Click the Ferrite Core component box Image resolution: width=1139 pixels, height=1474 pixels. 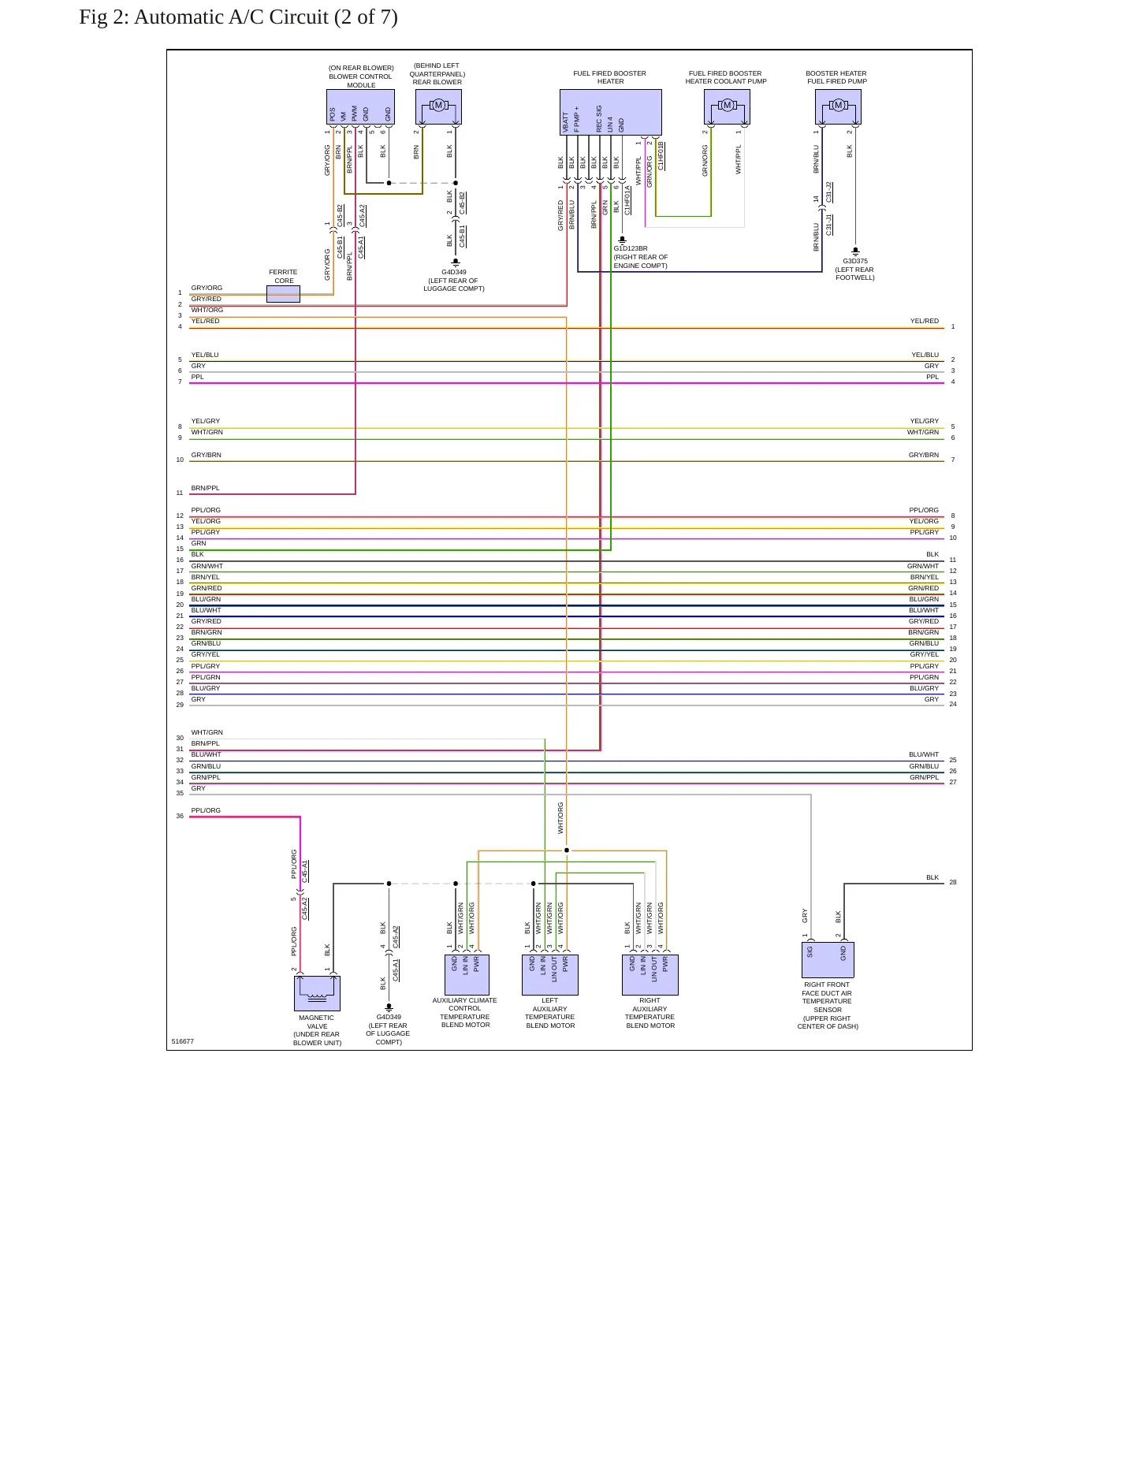coord(283,294)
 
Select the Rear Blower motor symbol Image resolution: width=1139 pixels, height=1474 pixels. coord(438,106)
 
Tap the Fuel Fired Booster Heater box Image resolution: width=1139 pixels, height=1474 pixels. coord(611,112)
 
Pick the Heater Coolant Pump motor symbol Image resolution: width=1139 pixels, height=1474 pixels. coord(727,106)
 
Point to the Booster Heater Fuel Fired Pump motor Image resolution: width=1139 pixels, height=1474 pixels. coord(838,106)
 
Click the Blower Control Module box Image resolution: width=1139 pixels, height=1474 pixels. coord(360,106)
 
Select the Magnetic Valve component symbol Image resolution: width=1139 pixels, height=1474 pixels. coord(317,993)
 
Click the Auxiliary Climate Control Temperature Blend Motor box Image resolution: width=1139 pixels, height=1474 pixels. coord(467,975)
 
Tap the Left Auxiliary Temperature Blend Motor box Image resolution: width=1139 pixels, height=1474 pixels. coord(550,975)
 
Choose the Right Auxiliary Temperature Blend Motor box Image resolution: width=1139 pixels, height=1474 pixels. coord(650,975)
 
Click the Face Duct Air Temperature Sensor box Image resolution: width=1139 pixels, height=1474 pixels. coord(827,960)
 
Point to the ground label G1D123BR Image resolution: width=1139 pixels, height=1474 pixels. coord(631,248)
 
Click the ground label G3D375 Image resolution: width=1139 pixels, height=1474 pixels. coord(855,261)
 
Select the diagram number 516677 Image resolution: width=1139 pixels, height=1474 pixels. coord(182,1041)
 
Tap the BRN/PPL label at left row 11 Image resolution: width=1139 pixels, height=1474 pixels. coord(205,488)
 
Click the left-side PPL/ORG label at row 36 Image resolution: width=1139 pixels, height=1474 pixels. coord(206,810)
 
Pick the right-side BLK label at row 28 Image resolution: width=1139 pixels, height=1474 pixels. coord(932,877)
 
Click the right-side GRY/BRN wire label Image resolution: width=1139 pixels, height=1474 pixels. coord(924,455)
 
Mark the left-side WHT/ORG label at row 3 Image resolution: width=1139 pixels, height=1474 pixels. coord(207,310)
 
